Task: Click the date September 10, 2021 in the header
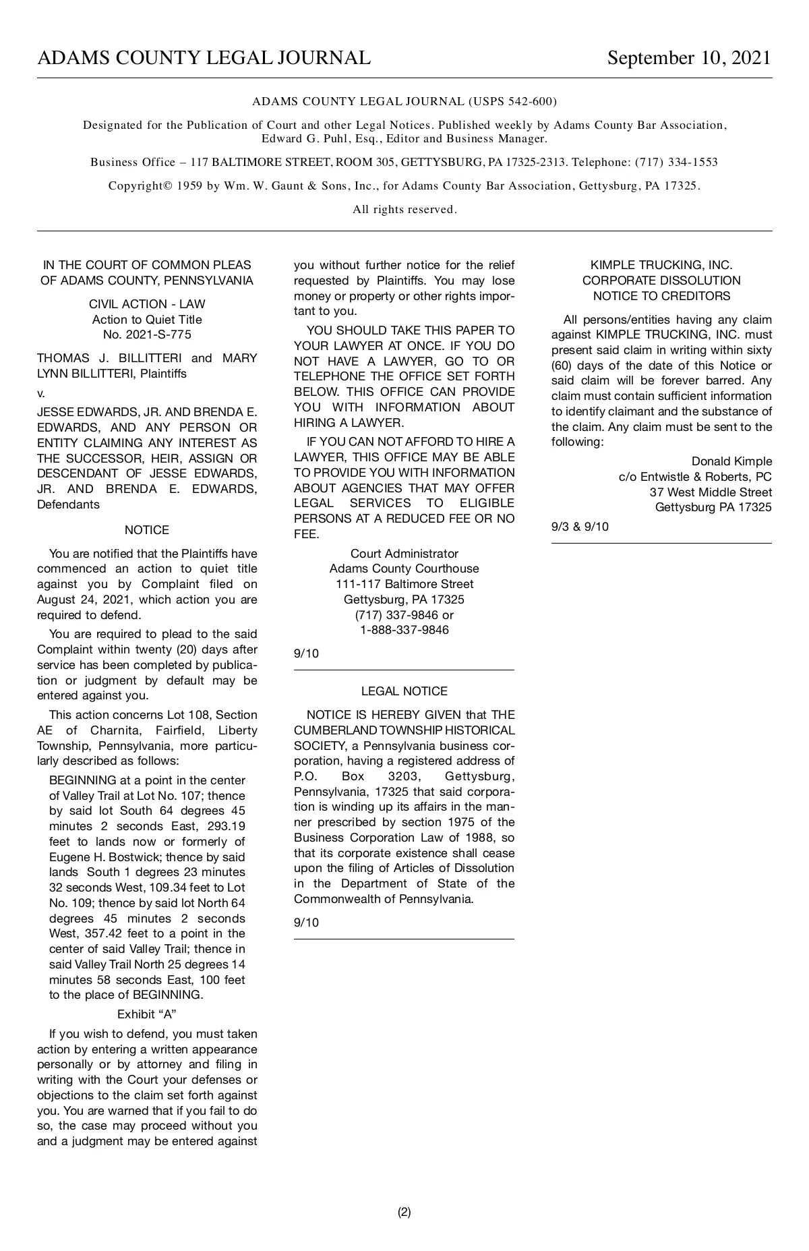point(688,58)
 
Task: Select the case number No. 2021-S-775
point(147,335)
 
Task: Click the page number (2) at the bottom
point(404,1212)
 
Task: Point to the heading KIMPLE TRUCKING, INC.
point(661,266)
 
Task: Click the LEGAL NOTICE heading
point(404,691)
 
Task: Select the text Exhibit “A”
point(147,1014)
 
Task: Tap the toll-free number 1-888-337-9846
point(404,631)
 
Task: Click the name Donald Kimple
point(731,461)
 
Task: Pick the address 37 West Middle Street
point(711,492)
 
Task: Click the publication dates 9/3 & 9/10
point(580,527)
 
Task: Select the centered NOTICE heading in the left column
point(147,530)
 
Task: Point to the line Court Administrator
point(404,554)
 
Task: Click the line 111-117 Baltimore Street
point(404,584)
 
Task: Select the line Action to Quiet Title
point(147,320)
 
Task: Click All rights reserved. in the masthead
point(404,210)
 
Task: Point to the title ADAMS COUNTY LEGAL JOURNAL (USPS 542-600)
point(404,102)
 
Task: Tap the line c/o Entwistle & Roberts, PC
point(695,477)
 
